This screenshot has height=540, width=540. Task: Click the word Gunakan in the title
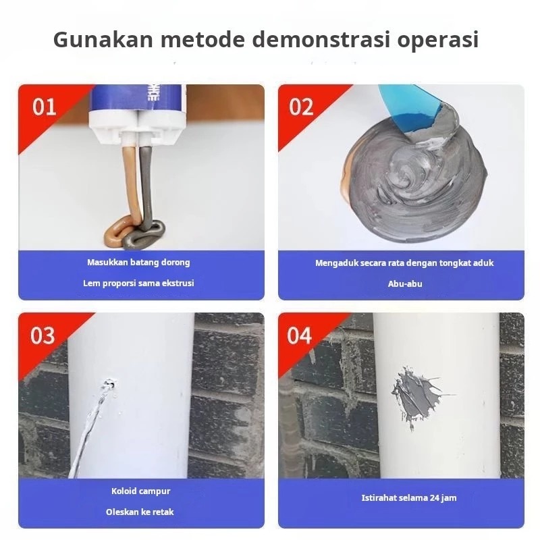(103, 39)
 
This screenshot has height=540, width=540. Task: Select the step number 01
(44, 107)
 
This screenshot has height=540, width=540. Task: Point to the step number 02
(301, 107)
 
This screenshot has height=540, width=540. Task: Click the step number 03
(43, 335)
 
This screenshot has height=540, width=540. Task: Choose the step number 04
(300, 335)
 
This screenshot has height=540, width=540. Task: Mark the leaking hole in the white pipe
(110, 383)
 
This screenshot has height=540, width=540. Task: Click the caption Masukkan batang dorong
(138, 263)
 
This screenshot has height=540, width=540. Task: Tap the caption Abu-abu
(405, 283)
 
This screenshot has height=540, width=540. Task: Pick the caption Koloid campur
(140, 491)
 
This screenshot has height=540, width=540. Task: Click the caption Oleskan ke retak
(140, 512)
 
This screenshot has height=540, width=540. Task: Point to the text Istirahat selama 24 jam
(409, 498)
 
